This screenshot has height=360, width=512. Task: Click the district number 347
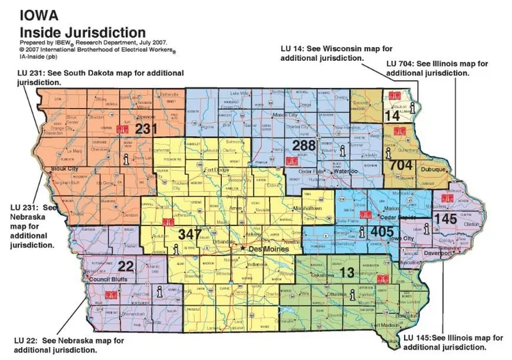[x=190, y=234]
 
